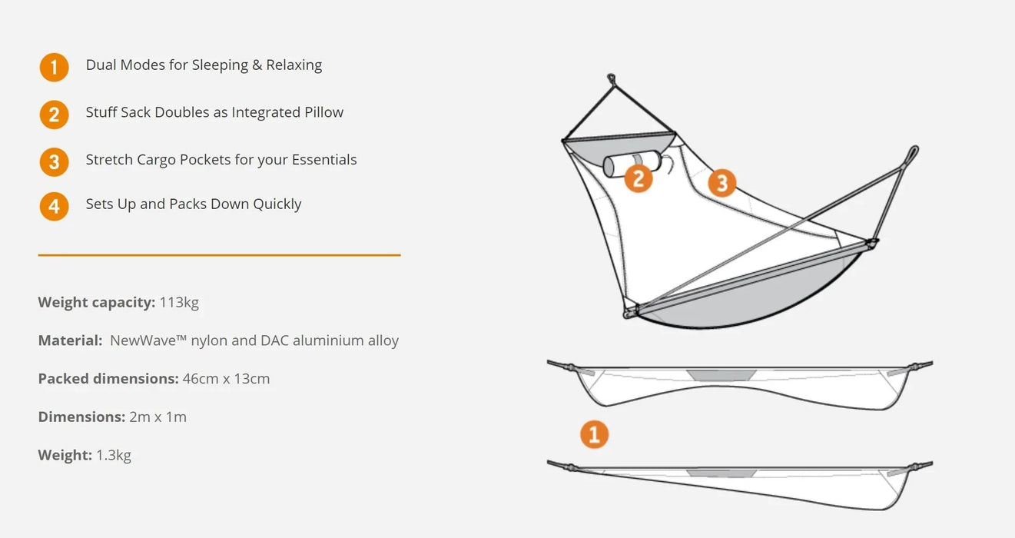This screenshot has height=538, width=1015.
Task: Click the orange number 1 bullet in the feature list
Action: (x=54, y=68)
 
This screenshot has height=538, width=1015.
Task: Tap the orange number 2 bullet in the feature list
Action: (x=54, y=115)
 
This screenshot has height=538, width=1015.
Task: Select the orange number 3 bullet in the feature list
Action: (x=54, y=161)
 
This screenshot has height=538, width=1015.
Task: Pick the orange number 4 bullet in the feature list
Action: (x=54, y=206)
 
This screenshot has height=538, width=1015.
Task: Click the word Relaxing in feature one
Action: (x=294, y=65)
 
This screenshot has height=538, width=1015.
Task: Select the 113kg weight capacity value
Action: (x=179, y=302)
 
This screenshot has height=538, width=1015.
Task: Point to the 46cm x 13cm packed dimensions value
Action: (x=226, y=379)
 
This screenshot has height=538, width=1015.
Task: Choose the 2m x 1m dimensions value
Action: (x=158, y=417)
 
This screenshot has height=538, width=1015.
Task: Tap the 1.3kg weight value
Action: (x=114, y=455)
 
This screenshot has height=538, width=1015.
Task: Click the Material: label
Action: (x=70, y=340)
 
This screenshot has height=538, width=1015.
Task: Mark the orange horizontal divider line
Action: (x=219, y=254)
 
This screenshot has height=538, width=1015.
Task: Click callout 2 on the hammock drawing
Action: (x=639, y=178)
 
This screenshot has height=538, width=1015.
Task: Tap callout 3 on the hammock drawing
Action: (x=721, y=183)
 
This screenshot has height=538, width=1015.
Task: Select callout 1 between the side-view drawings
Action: (x=594, y=434)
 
